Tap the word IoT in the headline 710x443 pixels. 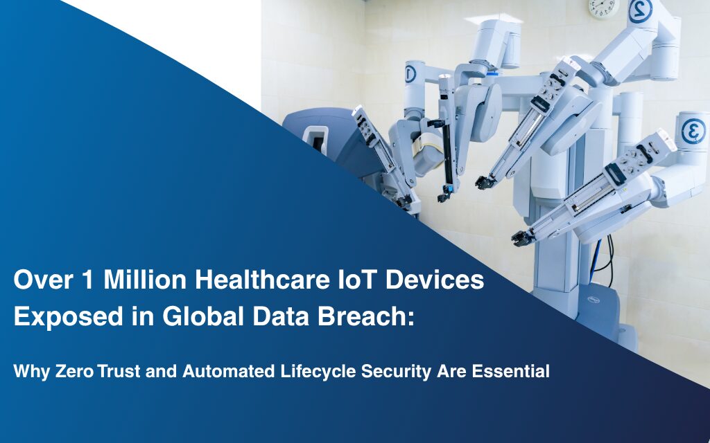357,280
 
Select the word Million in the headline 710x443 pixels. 145,280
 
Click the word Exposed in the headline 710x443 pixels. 69,317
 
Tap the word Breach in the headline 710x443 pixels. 363,316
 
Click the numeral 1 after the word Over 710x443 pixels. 87,280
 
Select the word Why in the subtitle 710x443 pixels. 32,372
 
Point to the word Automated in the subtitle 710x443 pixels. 228,371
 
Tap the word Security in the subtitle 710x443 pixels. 396,372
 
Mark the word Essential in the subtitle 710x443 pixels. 511,371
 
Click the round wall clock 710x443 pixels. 604,8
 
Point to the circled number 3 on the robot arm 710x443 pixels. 693,131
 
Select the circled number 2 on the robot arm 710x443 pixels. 640,10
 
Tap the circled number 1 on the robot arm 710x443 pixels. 410,74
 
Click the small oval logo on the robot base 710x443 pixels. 594,299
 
